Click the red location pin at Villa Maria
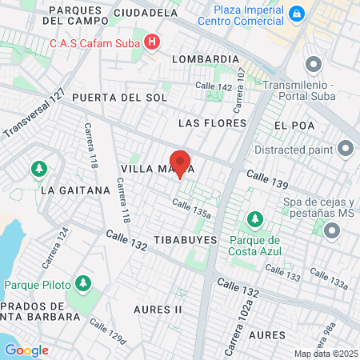coord(180,164)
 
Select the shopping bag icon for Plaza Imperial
coord(297,14)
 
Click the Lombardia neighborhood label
coord(206,59)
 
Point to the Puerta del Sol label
coord(119,98)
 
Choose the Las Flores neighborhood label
coord(210,123)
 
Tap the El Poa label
coord(290,126)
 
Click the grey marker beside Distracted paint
coord(346,148)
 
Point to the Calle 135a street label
coord(191,208)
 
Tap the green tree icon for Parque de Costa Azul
coord(254,218)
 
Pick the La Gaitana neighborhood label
coord(74,190)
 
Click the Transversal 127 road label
coord(34,113)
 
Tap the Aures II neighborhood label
coord(157,309)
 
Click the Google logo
coord(26,350)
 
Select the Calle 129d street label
coord(108,333)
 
